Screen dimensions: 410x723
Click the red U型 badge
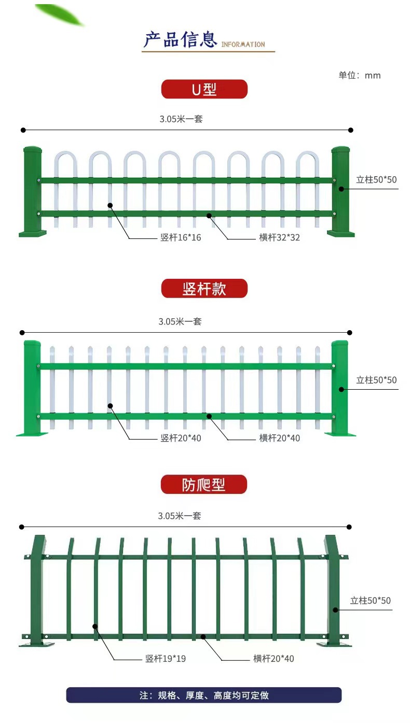pos(204,89)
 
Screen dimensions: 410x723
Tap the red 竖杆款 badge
pos(204,288)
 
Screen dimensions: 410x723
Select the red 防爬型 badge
pos(203,484)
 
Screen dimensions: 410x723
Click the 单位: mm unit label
pos(359,75)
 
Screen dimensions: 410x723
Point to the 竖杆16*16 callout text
pos(181,237)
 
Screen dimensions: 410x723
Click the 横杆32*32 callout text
pos(279,237)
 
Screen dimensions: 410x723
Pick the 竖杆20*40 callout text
pos(181,438)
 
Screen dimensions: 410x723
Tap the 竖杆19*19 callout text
pos(166,658)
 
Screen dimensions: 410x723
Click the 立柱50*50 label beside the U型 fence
pos(376,179)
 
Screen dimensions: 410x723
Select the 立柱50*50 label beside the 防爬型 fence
pos(371,600)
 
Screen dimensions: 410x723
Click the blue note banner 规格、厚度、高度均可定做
pos(204,695)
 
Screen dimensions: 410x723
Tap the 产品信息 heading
pos(180,39)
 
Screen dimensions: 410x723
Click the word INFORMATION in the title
pos(243,44)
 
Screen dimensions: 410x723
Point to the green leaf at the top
pos(60,14)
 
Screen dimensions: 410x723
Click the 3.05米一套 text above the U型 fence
pos(181,119)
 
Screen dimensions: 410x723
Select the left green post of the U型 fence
pos(32,192)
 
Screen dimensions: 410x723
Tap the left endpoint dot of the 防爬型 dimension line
pos(22,527)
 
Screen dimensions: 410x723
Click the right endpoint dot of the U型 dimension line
pos(351,130)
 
